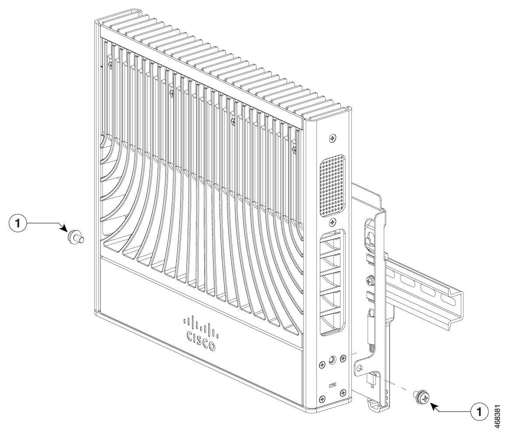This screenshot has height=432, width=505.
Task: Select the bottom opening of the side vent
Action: coord(333,324)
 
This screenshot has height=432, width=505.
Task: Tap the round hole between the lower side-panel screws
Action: coord(333,361)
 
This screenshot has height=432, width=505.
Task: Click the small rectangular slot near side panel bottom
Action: coord(333,386)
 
